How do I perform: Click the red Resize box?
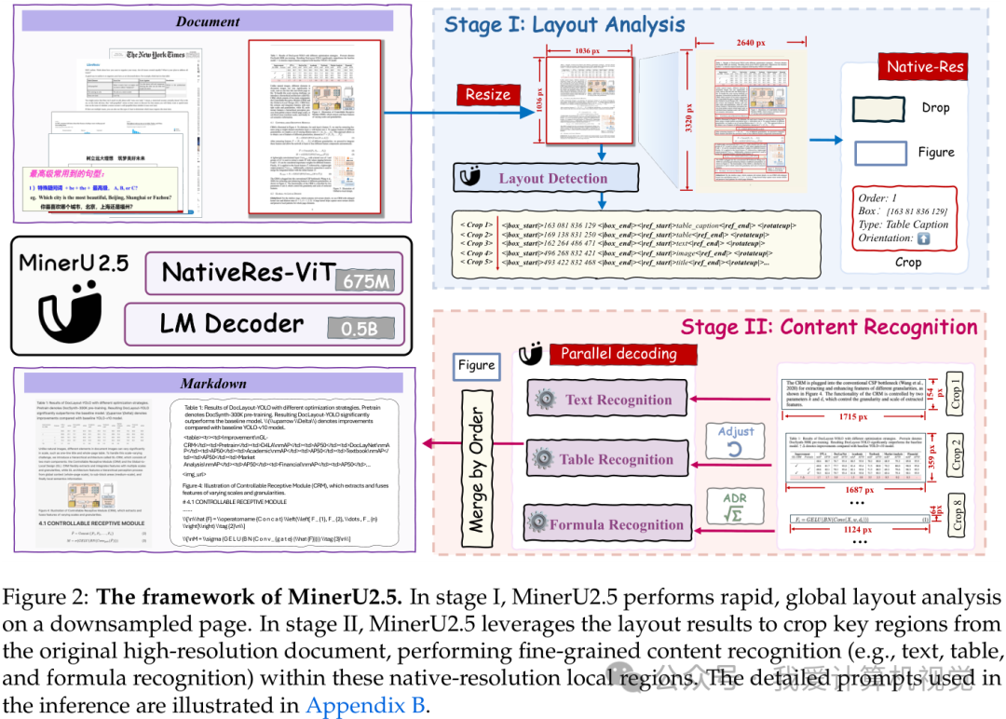pos(488,94)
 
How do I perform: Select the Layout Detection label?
pos(552,178)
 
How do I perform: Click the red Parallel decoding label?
pos(619,354)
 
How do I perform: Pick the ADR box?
pos(736,508)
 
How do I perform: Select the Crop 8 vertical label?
pos(958,519)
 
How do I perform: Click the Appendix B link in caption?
pos(364,705)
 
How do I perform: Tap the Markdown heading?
pos(212,383)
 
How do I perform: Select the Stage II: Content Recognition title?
pos(829,327)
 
